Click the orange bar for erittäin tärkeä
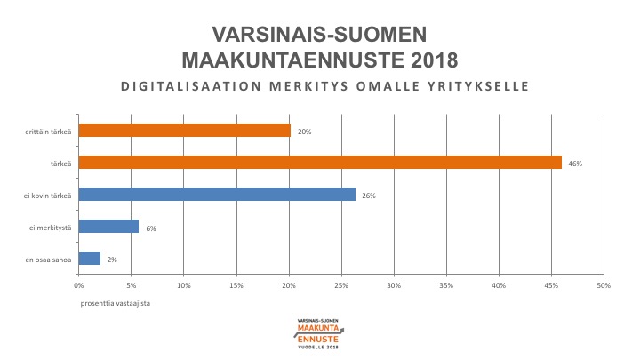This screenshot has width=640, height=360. pos(184,131)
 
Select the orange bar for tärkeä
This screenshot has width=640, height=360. pos(320,163)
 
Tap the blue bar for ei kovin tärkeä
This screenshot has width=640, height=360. pos(217,195)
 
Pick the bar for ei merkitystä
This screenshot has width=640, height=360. pos(108,227)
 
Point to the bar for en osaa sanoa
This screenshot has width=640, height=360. pos(90,259)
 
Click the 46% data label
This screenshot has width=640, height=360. pos(574,164)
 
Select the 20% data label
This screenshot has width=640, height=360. pos(304,132)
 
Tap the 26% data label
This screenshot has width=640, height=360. pos(368,196)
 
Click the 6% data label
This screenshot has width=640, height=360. pos(151,228)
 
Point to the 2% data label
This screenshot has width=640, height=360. pos(112,260)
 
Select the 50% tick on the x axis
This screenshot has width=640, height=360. pos(604,285)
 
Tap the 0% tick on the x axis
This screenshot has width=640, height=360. pos(79,285)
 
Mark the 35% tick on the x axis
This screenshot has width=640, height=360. pos(446,285)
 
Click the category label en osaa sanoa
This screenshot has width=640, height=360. pos(49,259)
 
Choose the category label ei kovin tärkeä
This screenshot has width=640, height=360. pos(47,195)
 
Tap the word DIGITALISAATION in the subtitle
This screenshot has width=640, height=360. pos(179,87)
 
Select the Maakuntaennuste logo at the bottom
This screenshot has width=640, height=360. pos(319,333)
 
